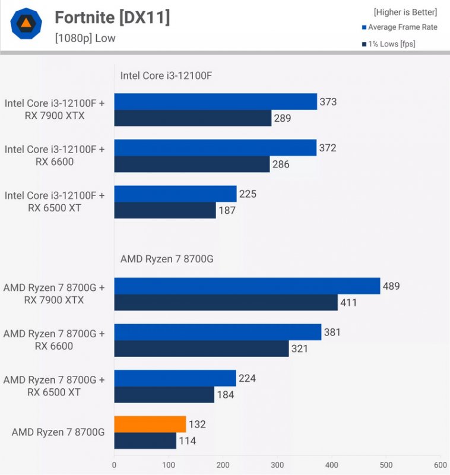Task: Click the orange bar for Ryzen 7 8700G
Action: coord(150,424)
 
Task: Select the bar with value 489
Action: coord(247,286)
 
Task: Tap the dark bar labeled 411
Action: coord(226,302)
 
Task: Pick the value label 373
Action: coord(328,102)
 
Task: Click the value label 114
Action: coord(188,441)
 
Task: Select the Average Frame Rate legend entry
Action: coord(399,27)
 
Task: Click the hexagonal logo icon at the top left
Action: coord(26,23)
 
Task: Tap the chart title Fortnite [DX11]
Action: coord(112,18)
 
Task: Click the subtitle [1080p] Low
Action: coord(85,39)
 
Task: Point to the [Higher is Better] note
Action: coord(405,12)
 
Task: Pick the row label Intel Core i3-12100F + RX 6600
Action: coord(55,156)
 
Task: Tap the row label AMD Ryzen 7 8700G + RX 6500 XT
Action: coord(54,386)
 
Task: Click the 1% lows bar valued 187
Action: coord(165,210)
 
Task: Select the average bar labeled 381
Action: coord(217,332)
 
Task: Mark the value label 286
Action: coord(281,164)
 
